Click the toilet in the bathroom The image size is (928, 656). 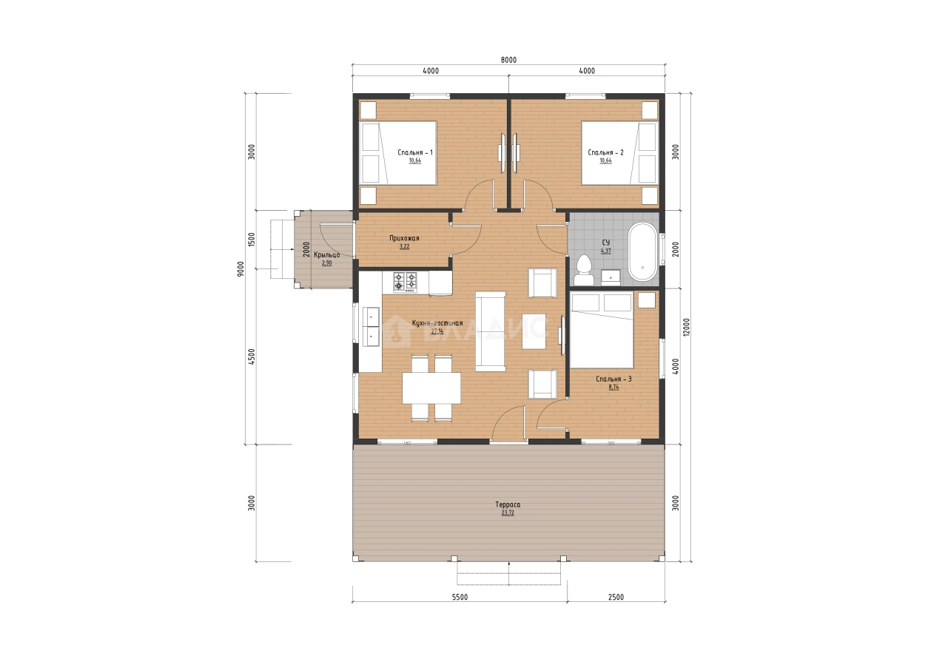pyautogui.click(x=584, y=270)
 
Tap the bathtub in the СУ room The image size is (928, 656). pyautogui.click(x=642, y=252)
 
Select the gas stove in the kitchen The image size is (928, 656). pyautogui.click(x=406, y=282)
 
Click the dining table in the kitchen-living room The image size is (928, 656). pyautogui.click(x=431, y=388)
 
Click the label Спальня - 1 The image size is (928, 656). pyautogui.click(x=415, y=152)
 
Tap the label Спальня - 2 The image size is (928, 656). pyautogui.click(x=605, y=152)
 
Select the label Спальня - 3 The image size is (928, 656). pyautogui.click(x=614, y=379)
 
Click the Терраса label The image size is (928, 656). pyautogui.click(x=508, y=504)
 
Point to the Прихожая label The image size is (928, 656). pyautogui.click(x=404, y=238)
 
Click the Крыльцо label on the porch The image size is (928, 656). pyautogui.click(x=327, y=254)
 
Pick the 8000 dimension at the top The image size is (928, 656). pyautogui.click(x=508, y=60)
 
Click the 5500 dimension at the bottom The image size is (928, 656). pyautogui.click(x=460, y=597)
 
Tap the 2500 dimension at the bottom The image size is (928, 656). pyautogui.click(x=616, y=597)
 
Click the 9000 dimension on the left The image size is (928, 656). pyautogui.click(x=241, y=269)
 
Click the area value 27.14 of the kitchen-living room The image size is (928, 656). pyautogui.click(x=437, y=331)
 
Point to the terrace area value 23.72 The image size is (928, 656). pyautogui.click(x=508, y=513)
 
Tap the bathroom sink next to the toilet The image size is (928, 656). pyautogui.click(x=611, y=277)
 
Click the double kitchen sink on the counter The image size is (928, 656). pyautogui.click(x=371, y=326)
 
